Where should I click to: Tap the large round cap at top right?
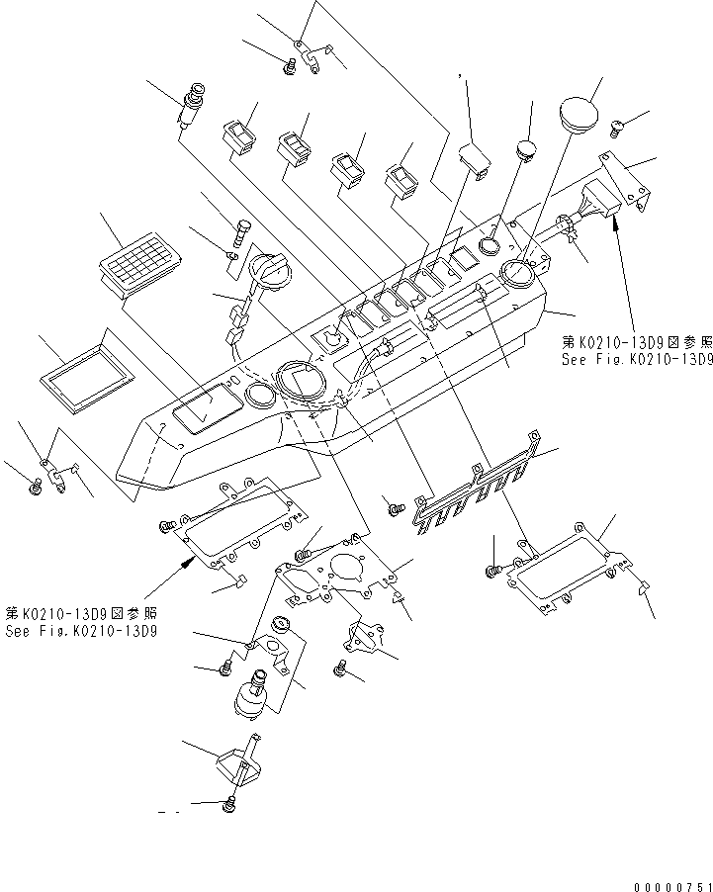(x=580, y=110)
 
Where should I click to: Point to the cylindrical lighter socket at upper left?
(x=192, y=106)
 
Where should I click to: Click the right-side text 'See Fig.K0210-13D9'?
(x=634, y=359)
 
